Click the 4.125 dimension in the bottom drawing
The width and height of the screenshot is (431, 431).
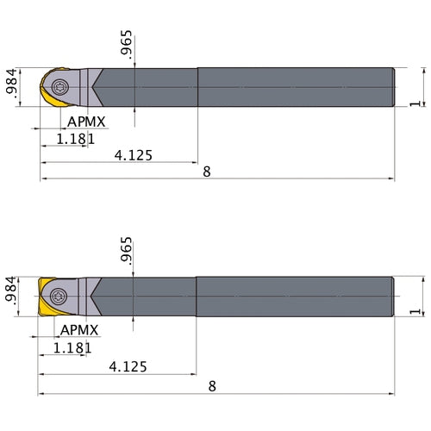[x=128, y=366]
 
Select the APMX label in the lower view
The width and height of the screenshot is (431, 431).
[x=79, y=331]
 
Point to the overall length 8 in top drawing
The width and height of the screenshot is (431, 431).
[x=206, y=172]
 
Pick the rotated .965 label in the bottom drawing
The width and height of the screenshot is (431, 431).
[x=128, y=253]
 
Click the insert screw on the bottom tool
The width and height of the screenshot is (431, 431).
[x=59, y=296]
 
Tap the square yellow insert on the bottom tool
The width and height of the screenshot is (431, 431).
[x=46, y=297]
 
